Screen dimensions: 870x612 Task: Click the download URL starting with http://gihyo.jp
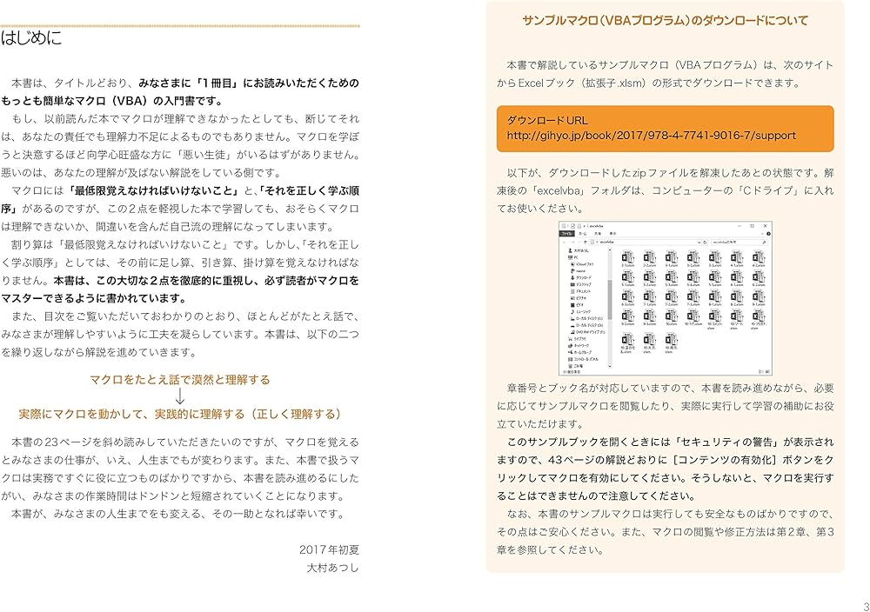(651, 136)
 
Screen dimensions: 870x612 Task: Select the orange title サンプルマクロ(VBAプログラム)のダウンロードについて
(665, 21)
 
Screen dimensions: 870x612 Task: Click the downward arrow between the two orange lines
(180, 396)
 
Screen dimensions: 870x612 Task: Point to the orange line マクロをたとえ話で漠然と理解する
(180, 380)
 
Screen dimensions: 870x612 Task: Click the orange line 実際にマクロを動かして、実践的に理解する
(180, 414)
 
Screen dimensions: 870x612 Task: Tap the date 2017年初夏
(328, 550)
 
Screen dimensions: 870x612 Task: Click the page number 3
(865, 606)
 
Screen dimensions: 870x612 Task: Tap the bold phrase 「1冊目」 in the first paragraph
(224, 83)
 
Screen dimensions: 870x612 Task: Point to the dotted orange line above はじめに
(180, 26)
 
